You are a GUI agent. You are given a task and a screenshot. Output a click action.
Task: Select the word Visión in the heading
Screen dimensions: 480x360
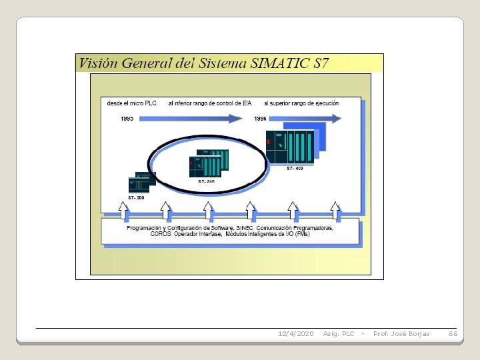[95, 63]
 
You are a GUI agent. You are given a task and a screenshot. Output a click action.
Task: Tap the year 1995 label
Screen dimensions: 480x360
[127, 118]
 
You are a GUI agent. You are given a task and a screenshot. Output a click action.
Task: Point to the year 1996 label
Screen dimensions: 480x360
[260, 118]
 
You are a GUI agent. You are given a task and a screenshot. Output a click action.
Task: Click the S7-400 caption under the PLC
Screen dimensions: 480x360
[295, 169]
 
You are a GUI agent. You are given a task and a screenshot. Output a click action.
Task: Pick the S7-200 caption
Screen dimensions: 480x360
[136, 198]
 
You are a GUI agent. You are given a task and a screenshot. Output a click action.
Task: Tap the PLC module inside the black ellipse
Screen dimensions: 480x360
[208, 163]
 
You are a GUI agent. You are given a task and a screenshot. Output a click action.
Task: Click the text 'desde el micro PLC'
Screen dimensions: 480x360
[132, 103]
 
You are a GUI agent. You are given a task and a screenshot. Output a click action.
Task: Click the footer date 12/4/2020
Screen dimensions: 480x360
[295, 333]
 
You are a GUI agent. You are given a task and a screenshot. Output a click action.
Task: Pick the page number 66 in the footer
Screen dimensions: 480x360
[453, 333]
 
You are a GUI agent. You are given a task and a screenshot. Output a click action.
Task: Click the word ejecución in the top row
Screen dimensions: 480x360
[324, 103]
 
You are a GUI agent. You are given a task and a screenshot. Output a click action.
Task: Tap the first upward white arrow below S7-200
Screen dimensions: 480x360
[123, 211]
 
